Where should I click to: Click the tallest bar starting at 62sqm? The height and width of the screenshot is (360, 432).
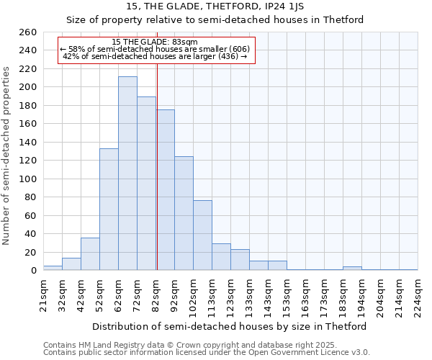(127, 174)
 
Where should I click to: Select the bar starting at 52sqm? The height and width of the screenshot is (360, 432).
(109, 210)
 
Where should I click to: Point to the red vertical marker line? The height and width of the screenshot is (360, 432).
(156, 180)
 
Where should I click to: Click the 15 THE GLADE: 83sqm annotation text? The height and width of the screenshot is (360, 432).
(155, 42)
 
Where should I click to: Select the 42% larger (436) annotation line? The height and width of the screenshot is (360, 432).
(155, 56)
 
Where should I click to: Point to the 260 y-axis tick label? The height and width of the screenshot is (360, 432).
(28, 32)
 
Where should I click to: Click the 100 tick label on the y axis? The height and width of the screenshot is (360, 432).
(28, 179)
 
